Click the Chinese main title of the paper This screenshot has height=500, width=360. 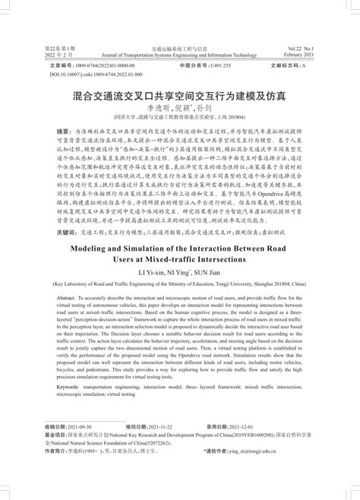[x=180, y=97]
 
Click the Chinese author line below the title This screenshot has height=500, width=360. [x=179, y=109]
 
